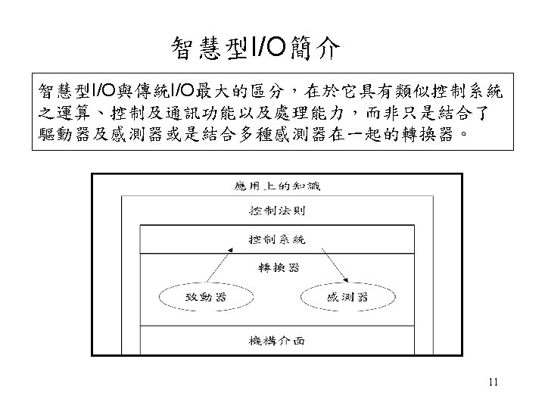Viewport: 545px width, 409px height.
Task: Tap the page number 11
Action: point(493,382)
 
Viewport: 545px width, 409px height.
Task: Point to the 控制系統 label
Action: point(277,239)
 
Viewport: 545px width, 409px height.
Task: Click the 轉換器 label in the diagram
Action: point(277,267)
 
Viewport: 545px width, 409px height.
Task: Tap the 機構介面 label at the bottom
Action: point(277,341)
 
